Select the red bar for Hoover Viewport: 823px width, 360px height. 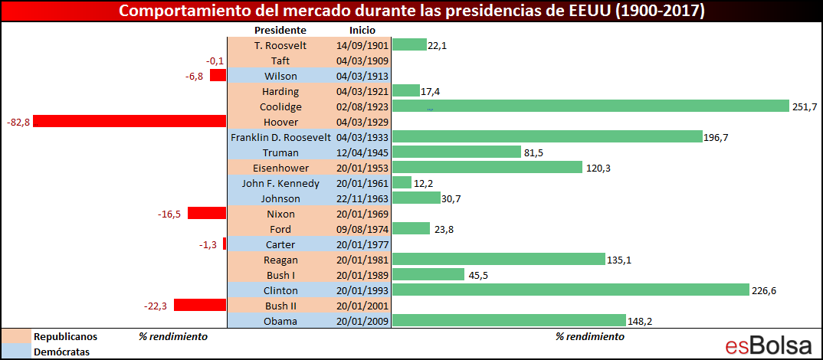pyautogui.click(x=130, y=121)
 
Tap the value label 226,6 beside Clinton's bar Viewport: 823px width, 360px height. pyautogui.click(x=764, y=290)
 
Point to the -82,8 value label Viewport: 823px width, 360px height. pyautogui.click(x=18, y=123)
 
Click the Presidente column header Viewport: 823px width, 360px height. pyautogui.click(x=280, y=30)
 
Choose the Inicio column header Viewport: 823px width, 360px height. pyautogui.click(x=362, y=30)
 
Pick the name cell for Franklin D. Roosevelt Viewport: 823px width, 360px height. pyautogui.click(x=280, y=138)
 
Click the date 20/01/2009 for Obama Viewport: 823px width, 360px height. pyautogui.click(x=362, y=321)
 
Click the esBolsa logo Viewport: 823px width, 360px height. pyautogui.click(x=769, y=345)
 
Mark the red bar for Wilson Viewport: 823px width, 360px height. pyautogui.click(x=218, y=76)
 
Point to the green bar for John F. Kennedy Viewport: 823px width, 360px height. pyautogui.click(x=402, y=182)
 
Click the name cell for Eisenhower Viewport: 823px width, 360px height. pyautogui.click(x=280, y=168)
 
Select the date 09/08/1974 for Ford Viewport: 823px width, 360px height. pyautogui.click(x=362, y=229)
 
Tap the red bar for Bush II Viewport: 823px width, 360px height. pyautogui.click(x=200, y=305)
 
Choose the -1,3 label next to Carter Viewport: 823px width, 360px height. pyautogui.click(x=208, y=244)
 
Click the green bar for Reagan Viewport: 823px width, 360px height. pyautogui.click(x=499, y=259)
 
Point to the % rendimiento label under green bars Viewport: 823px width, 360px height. pyautogui.click(x=590, y=336)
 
